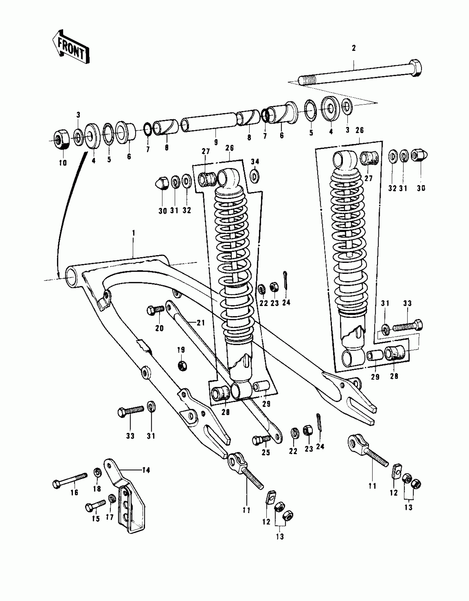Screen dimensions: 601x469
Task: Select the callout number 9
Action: click(x=216, y=142)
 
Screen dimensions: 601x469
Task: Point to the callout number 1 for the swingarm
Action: click(x=134, y=233)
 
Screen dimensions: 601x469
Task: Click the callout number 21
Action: click(x=201, y=322)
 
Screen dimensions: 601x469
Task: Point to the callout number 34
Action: click(x=255, y=161)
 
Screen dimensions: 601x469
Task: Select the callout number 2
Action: click(x=354, y=48)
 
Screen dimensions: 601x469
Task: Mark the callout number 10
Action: click(x=63, y=163)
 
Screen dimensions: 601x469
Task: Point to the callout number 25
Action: click(x=266, y=452)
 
